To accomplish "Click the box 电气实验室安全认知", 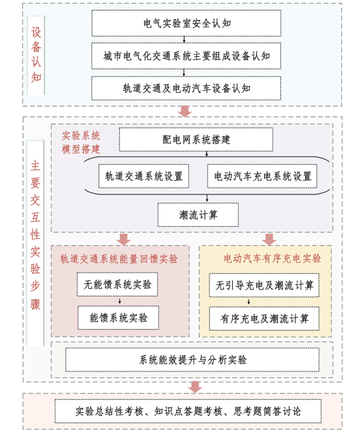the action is point(186,23).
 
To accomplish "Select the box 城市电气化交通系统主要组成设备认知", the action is point(186,56).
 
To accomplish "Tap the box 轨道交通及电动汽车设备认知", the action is point(186,88).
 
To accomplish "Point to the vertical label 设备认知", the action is point(36,55).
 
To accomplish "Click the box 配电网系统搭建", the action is point(196,140).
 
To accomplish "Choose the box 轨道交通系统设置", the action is point(144,176).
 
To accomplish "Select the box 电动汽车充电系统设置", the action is point(262,176).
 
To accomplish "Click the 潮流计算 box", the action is point(198,215).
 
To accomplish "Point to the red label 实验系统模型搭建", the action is point(81,142).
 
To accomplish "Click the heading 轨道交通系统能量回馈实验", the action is point(119,259).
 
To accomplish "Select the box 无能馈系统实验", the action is point(117,284).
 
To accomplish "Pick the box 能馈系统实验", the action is point(119,318).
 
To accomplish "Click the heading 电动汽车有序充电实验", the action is point(272,258).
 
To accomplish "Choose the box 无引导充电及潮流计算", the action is point(264,286).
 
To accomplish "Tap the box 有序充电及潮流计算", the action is point(264,319).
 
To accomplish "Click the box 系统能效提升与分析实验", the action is point(192,359).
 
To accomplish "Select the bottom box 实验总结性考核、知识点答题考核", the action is point(188,411).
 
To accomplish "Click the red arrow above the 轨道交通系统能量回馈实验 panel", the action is point(123,239).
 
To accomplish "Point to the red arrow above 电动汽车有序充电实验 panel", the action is point(269,239).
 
